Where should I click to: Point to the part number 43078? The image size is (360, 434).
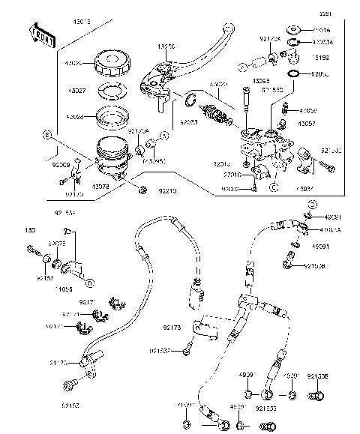click(x=101, y=186)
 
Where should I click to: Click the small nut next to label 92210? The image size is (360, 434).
click(x=142, y=189)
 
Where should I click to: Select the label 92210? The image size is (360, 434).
click(x=168, y=192)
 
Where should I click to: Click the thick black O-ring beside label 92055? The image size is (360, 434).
click(x=295, y=74)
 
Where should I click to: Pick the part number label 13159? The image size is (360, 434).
click(x=319, y=55)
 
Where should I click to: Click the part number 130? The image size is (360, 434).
click(x=31, y=229)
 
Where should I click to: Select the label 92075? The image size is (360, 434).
click(x=57, y=243)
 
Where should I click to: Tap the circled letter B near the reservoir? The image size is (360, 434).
click(x=46, y=136)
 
